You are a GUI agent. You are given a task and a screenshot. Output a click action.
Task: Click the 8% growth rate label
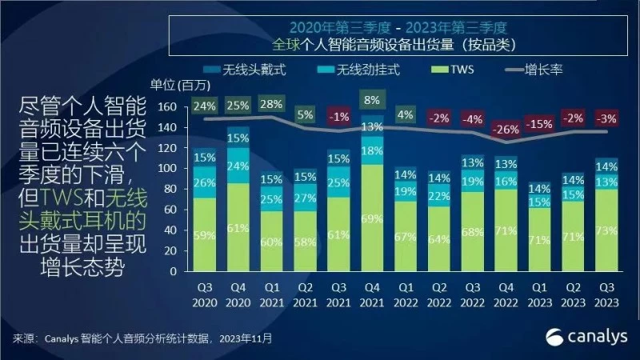point(371,101)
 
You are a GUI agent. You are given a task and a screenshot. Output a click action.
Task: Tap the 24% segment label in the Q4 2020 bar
point(238,166)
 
